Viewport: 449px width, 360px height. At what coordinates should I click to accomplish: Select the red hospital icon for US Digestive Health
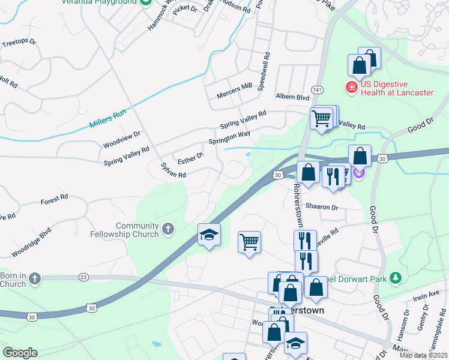pyautogui.click(x=351, y=88)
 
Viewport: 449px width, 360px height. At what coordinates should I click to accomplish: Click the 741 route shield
pyautogui.click(x=318, y=89)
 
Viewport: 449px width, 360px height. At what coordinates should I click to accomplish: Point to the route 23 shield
pyautogui.click(x=83, y=277)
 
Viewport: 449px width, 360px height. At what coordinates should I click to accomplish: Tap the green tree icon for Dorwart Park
pyautogui.click(x=395, y=278)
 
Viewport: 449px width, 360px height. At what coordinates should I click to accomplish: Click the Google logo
pyautogui.click(x=20, y=353)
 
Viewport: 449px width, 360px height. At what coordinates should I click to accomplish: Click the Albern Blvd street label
pyautogui.click(x=292, y=97)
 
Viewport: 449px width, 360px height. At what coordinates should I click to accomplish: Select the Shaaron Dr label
pyautogui.click(x=322, y=208)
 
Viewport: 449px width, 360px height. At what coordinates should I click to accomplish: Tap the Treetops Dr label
pyautogui.click(x=19, y=43)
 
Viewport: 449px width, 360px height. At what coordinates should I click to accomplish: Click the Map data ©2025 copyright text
pyautogui.click(x=420, y=355)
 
